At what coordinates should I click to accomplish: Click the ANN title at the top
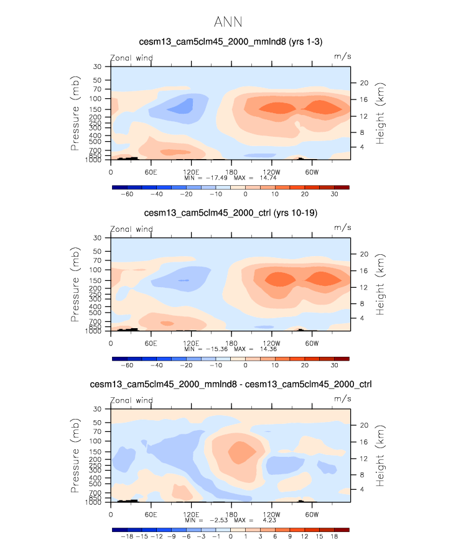click(228, 22)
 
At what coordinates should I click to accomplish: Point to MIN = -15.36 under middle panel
click(206, 349)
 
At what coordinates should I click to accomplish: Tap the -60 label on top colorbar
click(127, 194)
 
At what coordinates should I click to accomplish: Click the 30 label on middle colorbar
click(334, 365)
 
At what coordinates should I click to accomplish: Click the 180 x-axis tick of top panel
click(231, 172)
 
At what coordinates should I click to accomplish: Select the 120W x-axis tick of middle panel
click(272, 343)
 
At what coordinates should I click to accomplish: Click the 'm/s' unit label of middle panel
click(342, 228)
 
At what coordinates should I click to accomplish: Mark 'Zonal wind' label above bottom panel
click(131, 400)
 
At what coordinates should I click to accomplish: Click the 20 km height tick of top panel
click(365, 83)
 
